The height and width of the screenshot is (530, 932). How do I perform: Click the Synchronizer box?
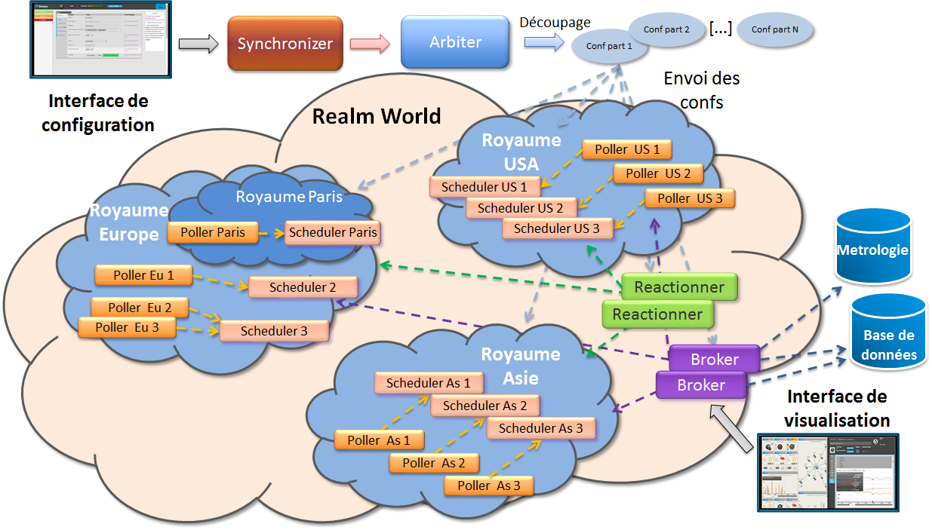pos(285,44)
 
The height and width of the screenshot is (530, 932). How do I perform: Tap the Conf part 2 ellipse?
pos(666,29)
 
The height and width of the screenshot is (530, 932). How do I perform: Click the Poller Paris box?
pos(213,232)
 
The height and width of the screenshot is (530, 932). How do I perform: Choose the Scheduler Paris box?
pos(332,232)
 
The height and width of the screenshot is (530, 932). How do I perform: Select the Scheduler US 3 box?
pos(556,228)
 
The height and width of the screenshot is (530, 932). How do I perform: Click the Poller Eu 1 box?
pos(143,275)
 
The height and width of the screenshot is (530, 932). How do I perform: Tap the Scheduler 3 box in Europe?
pos(274,330)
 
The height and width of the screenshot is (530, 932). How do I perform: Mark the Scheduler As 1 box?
pos(428,383)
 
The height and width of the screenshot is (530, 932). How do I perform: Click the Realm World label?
pos(377,116)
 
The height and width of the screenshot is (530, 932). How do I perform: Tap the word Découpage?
pos(555,23)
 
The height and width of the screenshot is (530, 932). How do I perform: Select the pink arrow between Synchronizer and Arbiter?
pos(369,44)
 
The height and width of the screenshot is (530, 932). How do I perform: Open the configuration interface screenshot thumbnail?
pos(99,39)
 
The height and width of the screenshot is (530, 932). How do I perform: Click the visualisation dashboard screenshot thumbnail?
pos(829,473)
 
